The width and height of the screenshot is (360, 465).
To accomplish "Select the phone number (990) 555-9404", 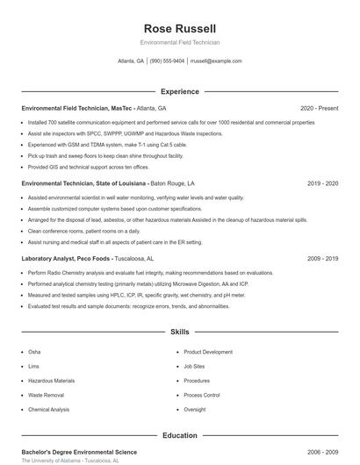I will [167, 61].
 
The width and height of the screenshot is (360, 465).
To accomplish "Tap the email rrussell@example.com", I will [216, 61].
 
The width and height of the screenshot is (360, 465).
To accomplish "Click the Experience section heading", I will [179, 91].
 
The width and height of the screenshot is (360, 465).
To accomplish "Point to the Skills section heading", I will [179, 333].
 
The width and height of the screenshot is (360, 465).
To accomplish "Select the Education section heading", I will [179, 435].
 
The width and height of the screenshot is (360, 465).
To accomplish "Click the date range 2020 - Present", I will [319, 108].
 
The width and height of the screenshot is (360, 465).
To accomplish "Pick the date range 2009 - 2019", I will [322, 259].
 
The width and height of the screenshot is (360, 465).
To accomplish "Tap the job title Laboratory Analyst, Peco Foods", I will [66, 259].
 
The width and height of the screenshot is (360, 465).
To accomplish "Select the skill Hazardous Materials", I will [51, 381].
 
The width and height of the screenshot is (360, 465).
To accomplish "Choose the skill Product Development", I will [208, 352].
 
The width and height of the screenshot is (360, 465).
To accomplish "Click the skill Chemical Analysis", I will [48, 410].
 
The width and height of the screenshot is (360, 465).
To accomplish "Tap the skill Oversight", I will [195, 410].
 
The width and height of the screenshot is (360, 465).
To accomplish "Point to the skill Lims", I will [33, 367].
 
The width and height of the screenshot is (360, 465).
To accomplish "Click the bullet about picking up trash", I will [105, 155].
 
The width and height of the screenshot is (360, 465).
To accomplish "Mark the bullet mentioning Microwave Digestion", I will [138, 284].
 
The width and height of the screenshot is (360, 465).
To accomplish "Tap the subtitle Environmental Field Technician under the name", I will [179, 42].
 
